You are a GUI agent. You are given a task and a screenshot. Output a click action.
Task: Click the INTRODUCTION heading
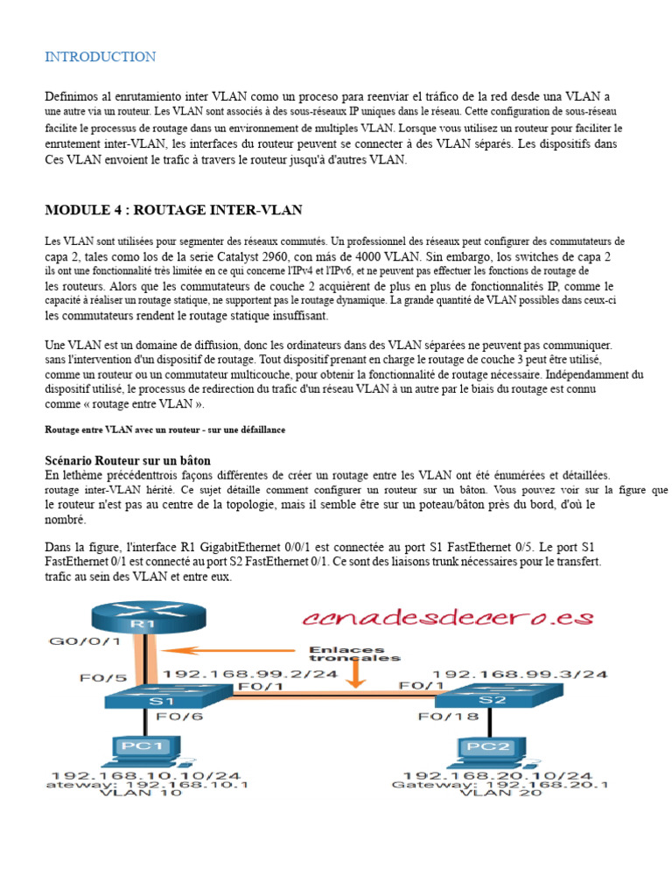[101, 57]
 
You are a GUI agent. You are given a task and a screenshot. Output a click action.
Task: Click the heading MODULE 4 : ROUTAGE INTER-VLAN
[173, 210]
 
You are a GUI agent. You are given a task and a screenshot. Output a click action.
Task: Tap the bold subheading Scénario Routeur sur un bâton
[128, 460]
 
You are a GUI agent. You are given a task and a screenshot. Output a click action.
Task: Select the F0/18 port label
[439, 717]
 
